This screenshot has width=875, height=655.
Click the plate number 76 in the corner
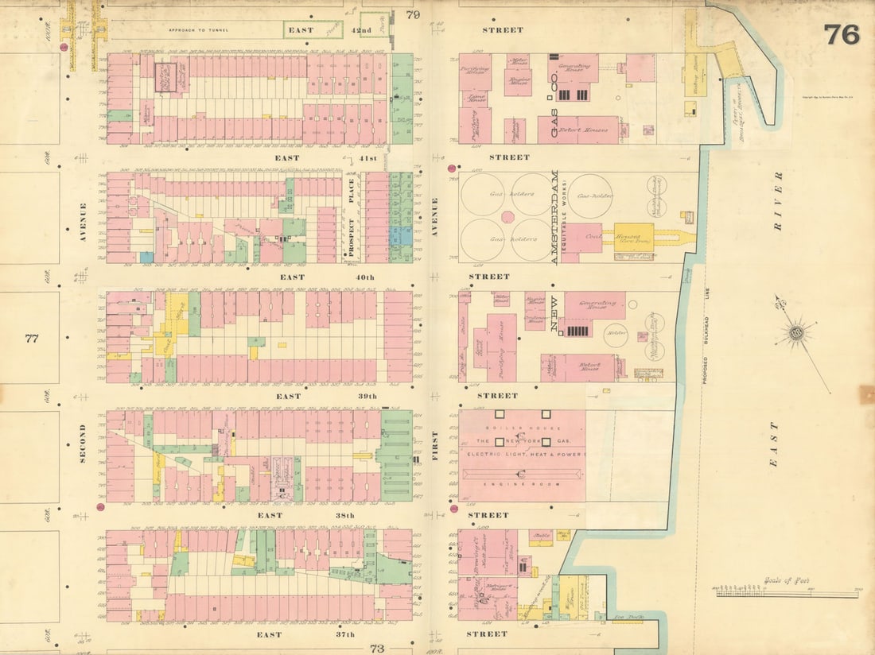point(841,34)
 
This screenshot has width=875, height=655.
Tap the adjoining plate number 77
point(32,339)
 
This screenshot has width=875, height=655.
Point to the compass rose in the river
point(795,331)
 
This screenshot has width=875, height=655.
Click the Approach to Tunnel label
point(198,30)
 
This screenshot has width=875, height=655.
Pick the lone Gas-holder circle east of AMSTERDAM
point(589,196)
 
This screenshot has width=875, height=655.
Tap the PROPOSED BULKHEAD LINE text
point(705,334)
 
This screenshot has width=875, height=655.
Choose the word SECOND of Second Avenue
point(82,443)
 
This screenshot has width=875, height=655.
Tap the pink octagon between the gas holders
point(507,216)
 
